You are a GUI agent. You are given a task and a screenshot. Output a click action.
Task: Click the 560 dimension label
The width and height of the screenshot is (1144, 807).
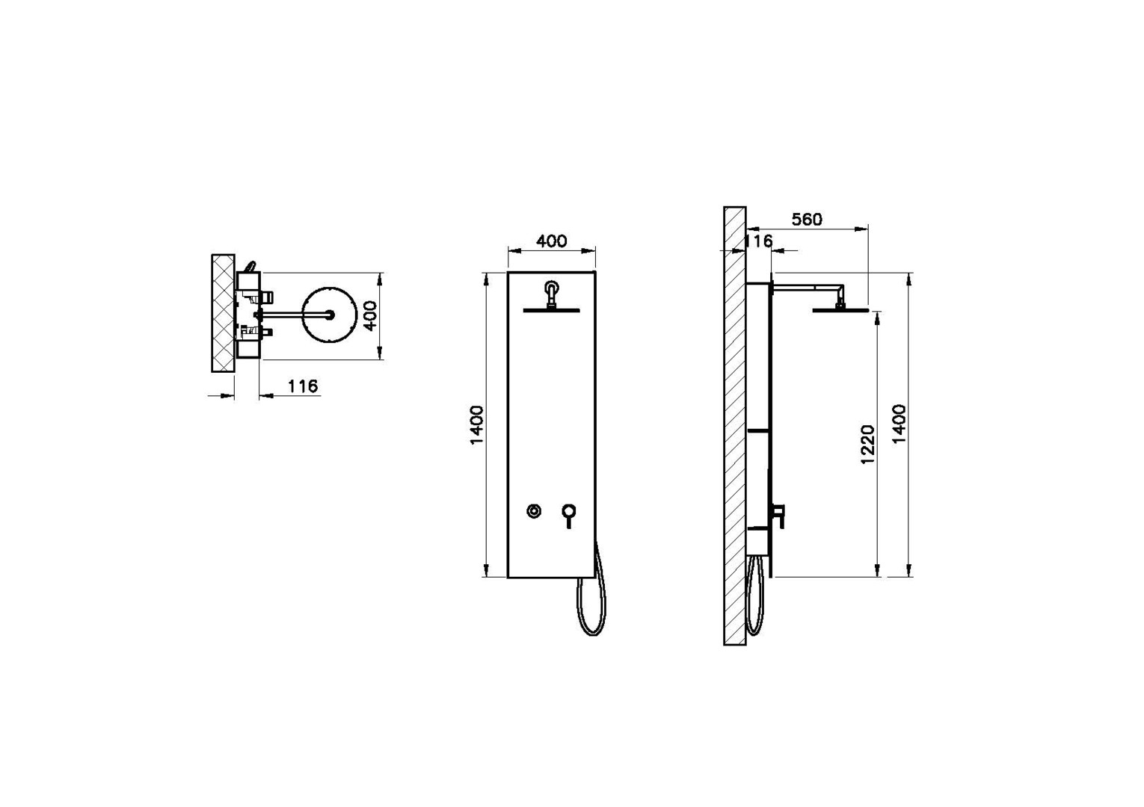[807, 219]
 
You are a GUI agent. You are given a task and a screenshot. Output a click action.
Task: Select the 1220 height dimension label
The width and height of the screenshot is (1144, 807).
[867, 444]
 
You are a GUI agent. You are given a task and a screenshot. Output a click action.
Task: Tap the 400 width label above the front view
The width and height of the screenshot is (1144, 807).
[552, 241]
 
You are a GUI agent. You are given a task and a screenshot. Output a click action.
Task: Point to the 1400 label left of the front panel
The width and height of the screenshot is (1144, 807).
[476, 424]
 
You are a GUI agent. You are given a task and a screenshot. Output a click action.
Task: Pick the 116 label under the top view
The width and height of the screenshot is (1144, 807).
[303, 386]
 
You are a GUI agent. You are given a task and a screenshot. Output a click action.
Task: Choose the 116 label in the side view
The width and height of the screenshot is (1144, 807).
[758, 241]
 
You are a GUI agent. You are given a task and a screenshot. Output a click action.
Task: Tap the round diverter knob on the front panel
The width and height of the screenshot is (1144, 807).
[534, 510]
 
